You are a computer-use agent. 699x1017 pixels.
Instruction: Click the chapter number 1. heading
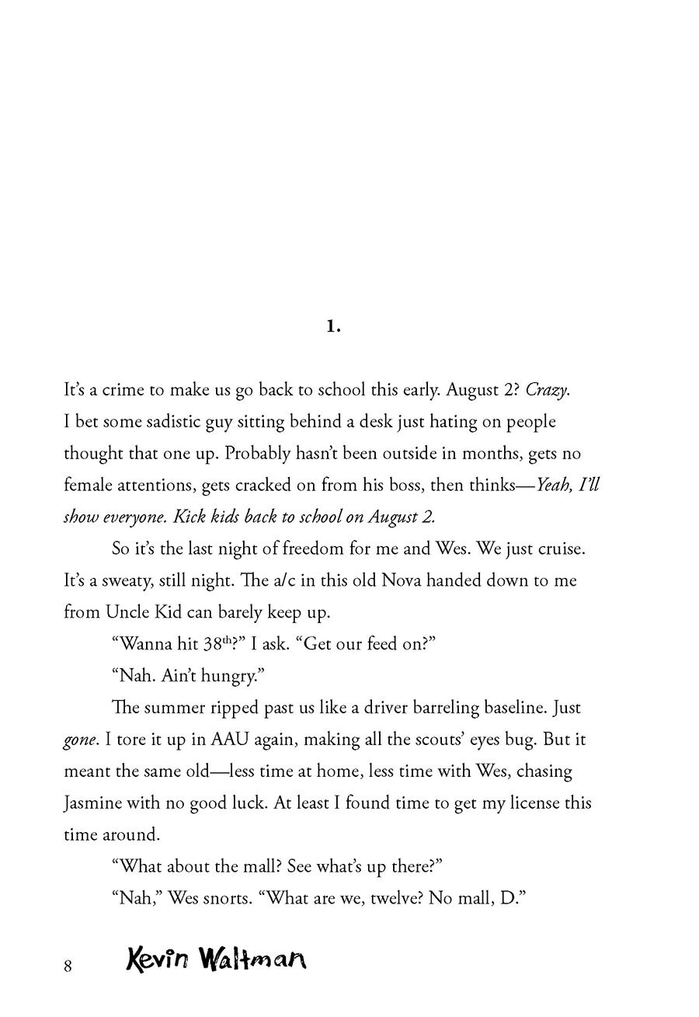(x=333, y=327)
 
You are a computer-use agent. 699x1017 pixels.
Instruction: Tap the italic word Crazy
(x=548, y=390)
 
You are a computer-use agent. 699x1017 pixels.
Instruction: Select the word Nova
(x=404, y=580)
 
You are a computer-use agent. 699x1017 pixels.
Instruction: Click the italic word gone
(x=80, y=740)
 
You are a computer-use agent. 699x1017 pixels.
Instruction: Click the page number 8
(x=68, y=966)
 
